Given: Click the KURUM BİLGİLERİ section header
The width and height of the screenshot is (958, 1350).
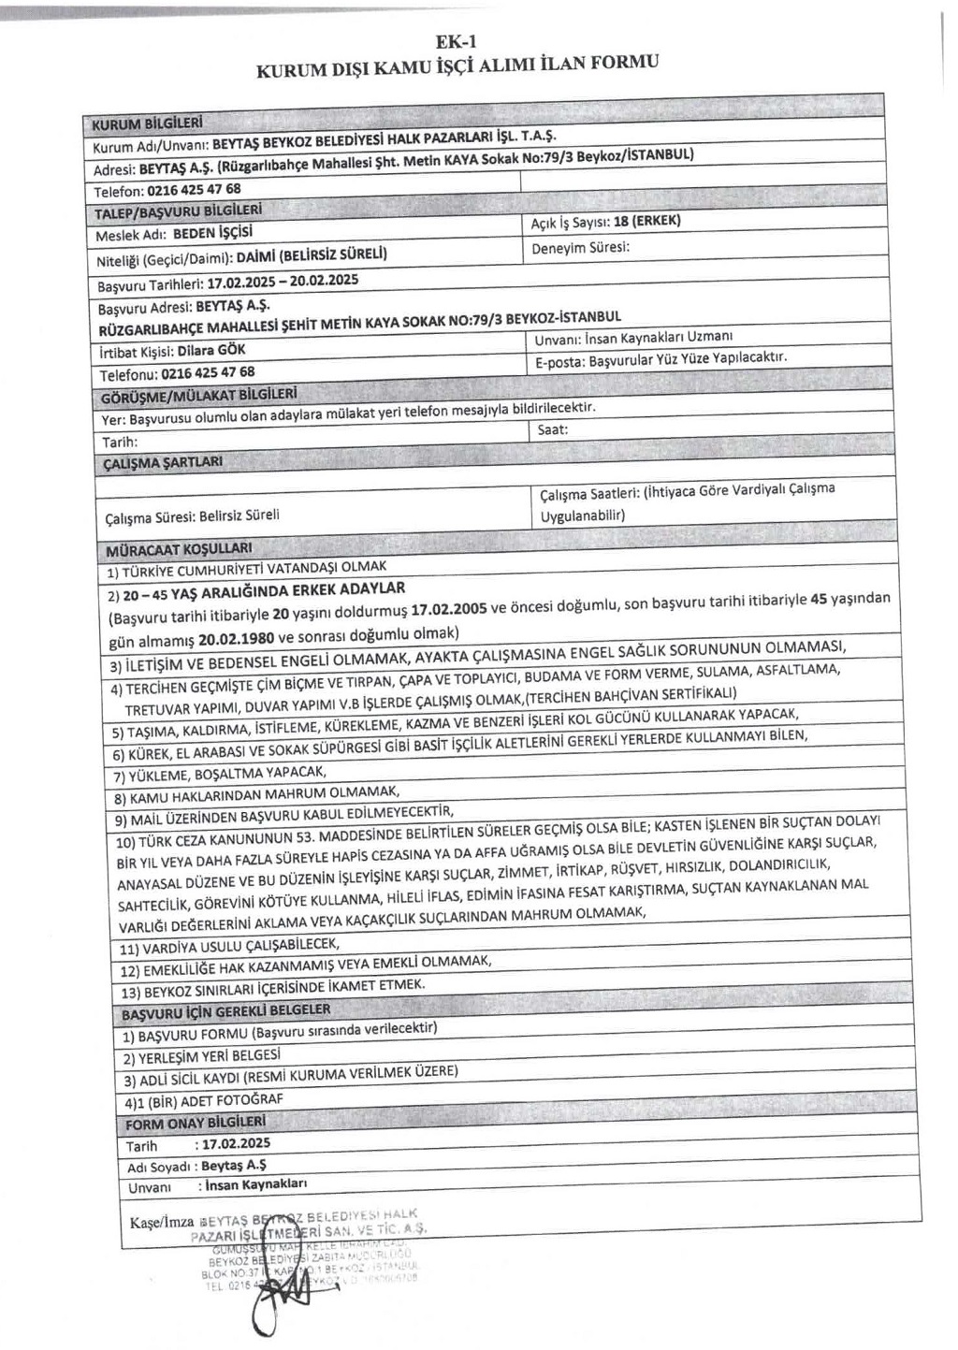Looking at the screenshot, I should pyautogui.click(x=147, y=123).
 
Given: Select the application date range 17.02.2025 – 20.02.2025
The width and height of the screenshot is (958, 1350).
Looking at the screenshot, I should pyautogui.click(x=283, y=281).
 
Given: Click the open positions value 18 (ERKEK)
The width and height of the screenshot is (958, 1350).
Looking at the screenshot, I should pyautogui.click(x=646, y=221).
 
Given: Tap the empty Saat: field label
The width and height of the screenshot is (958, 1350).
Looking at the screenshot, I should pyautogui.click(x=553, y=430).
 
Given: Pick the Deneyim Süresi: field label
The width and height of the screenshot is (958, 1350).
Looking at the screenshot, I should pyautogui.click(x=580, y=248).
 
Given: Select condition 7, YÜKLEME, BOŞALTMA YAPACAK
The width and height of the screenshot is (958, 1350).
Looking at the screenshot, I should pyautogui.click(x=220, y=775).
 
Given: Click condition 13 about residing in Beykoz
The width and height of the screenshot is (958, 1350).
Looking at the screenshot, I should pyautogui.click(x=273, y=988).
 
